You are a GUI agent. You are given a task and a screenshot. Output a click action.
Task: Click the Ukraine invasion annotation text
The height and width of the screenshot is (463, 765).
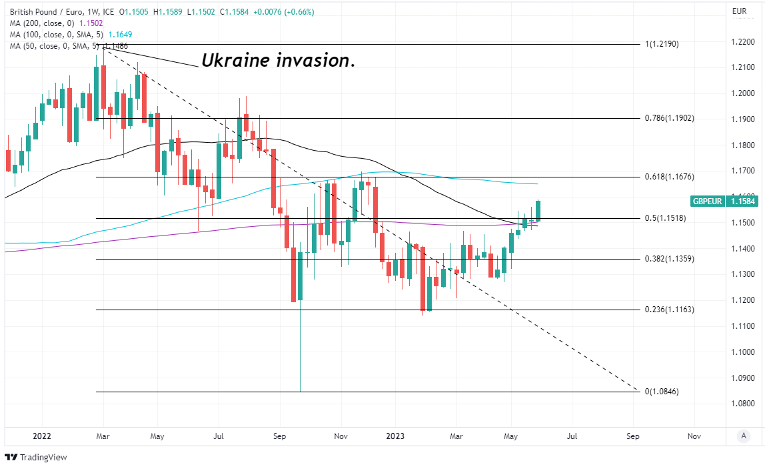coord(278,61)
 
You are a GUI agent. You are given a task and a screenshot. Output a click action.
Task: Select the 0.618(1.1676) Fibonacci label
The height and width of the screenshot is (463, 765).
coord(670,177)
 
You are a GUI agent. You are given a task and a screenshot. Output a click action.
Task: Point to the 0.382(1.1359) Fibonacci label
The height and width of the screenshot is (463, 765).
coord(670,259)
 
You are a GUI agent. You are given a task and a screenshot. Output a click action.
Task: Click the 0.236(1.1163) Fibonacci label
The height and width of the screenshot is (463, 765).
coord(670,310)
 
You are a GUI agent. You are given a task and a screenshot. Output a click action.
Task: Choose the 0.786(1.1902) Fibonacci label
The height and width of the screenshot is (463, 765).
coord(670,118)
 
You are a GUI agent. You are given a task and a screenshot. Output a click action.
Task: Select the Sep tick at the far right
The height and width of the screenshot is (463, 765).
coord(632,437)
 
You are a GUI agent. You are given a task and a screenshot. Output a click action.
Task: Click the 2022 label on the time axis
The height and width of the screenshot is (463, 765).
coord(41,437)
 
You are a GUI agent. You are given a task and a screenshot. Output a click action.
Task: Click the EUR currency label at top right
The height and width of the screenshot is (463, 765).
coord(739,11)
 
